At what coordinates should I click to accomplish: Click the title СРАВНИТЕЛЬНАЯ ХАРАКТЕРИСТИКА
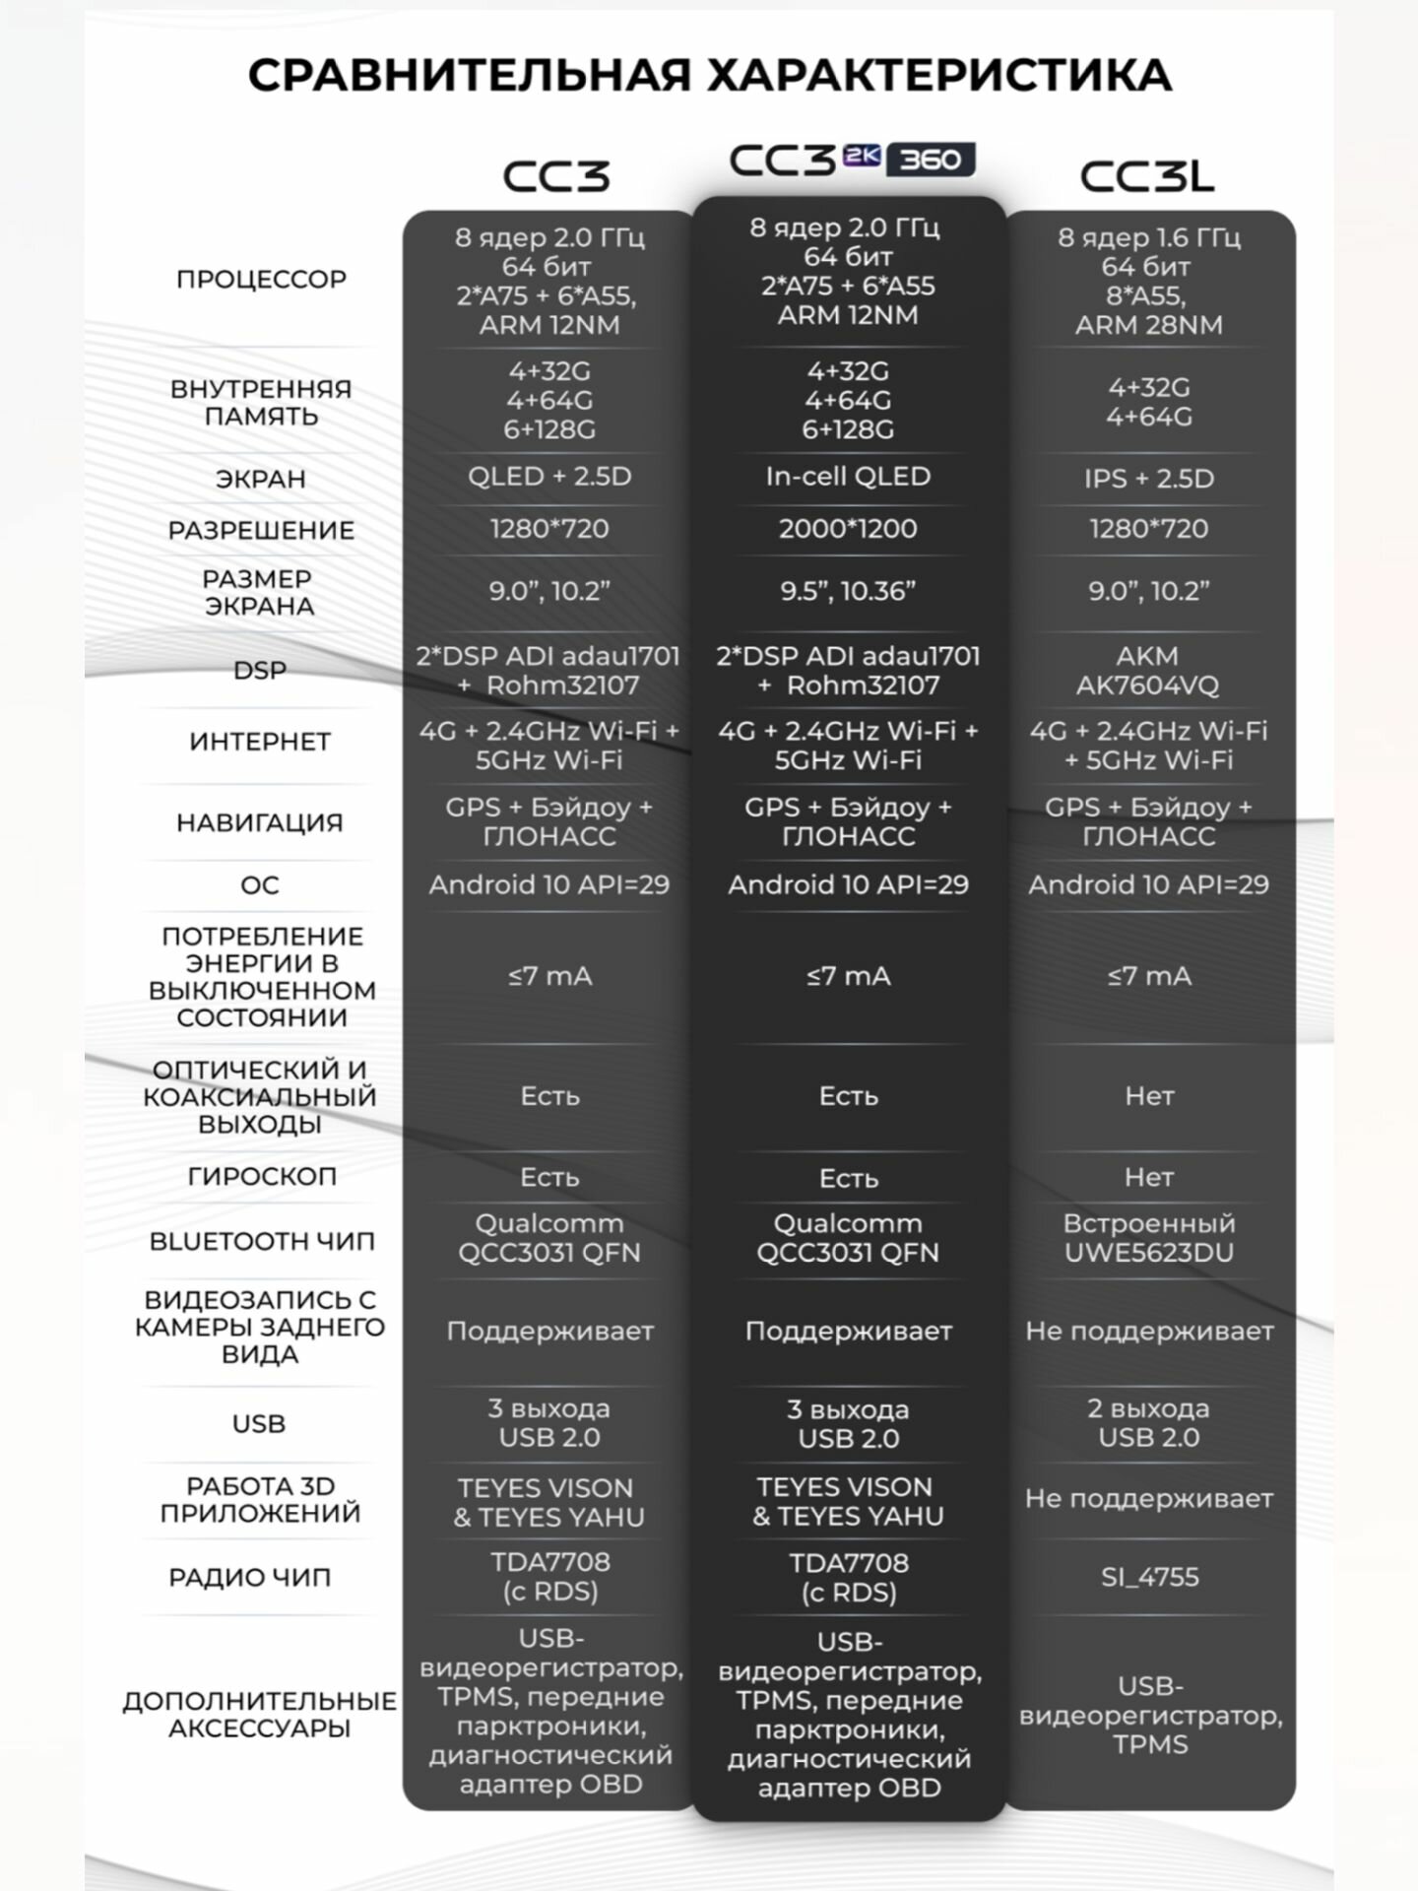709,76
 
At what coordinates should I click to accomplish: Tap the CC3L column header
1147,177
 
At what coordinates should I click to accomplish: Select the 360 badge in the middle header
931,160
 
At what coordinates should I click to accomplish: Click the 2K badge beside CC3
862,158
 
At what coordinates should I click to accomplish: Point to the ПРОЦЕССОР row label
261,280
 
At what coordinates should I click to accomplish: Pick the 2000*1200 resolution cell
848,529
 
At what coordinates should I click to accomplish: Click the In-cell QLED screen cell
848,477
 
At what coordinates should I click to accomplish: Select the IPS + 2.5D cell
1148,479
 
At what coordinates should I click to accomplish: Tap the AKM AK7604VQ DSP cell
1147,671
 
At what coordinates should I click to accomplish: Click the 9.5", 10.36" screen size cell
848,591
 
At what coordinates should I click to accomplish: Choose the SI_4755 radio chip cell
1149,1577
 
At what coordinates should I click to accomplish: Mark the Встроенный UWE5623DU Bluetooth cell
1148,1238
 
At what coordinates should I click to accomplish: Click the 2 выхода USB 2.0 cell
1148,1423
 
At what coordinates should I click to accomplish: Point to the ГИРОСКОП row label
261,1177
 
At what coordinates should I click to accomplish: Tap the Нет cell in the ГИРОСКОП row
1148,1177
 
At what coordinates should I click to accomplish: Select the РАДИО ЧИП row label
249,1578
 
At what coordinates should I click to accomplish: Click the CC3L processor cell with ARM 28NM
1148,281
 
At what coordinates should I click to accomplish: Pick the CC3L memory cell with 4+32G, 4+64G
1148,402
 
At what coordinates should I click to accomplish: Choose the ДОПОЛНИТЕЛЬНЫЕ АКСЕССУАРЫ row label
260,1715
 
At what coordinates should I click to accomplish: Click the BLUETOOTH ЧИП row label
261,1242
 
